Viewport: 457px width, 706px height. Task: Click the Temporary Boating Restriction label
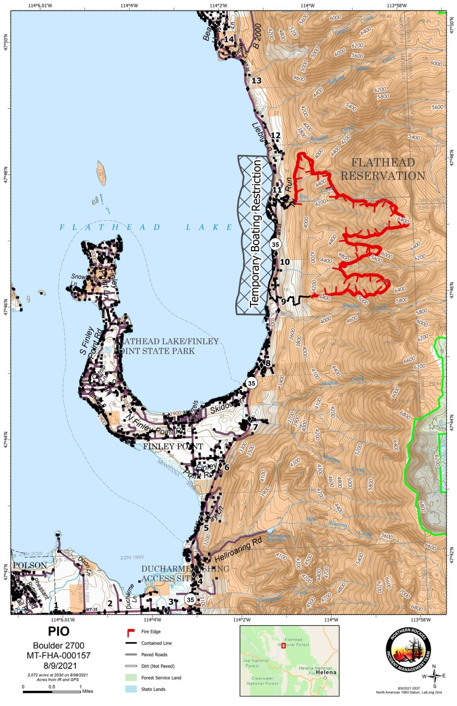[x=256, y=234]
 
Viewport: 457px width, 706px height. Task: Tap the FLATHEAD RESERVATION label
[x=383, y=169]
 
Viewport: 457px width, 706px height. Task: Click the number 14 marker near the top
[x=229, y=39]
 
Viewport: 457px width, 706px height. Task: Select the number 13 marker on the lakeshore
[x=257, y=81]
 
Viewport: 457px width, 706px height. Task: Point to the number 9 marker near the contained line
[x=283, y=302]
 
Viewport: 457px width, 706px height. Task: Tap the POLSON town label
[x=30, y=565]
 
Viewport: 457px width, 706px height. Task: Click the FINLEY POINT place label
[x=173, y=446]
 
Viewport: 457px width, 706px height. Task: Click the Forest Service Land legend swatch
[x=131, y=677]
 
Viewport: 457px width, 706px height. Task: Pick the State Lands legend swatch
[x=131, y=689]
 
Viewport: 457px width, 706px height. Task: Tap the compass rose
[x=434, y=676]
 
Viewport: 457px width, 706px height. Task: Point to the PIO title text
[x=58, y=631]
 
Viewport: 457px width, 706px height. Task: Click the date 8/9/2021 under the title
[x=58, y=665]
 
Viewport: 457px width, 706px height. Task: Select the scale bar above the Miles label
[x=51, y=691]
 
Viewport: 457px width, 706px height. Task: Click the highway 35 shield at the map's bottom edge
[x=190, y=599]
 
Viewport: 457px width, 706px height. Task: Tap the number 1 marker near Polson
[x=56, y=605]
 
